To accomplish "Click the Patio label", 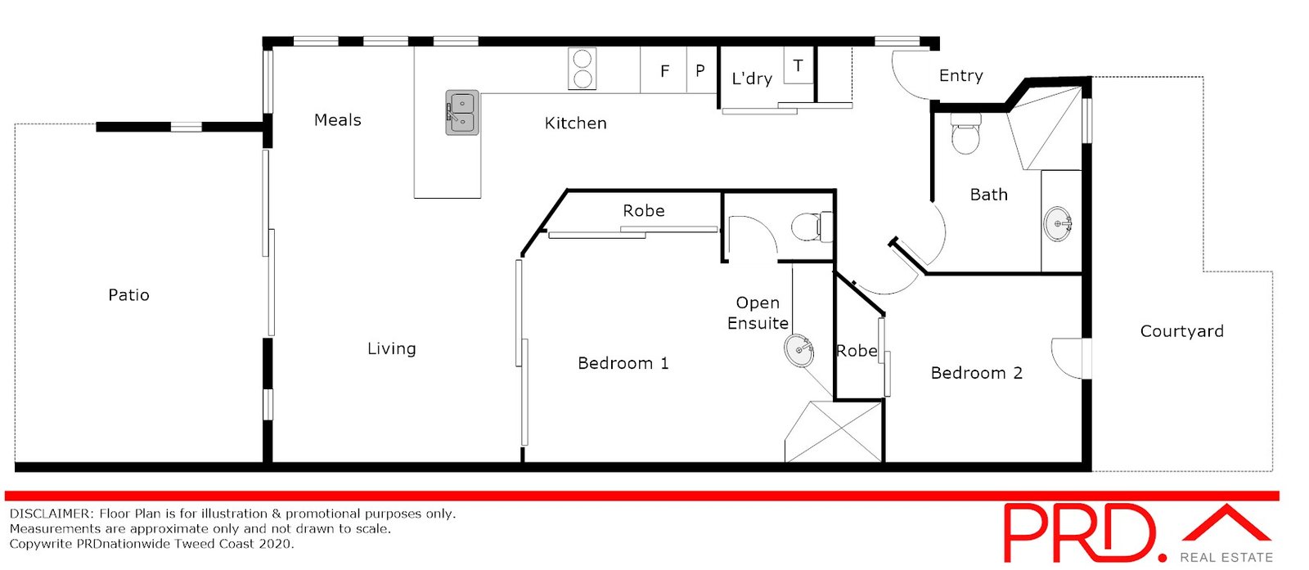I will pos(128,295).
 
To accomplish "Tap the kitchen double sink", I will pos(461,113).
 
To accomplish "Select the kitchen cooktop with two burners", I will pos(583,69).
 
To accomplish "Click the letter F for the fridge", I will pos(665,71).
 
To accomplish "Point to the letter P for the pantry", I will pos(700,71).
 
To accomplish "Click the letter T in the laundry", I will pos(798,66).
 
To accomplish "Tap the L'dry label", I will pos(752,79).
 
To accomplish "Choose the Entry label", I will pos(960,76).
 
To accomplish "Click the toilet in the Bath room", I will pos(965,133).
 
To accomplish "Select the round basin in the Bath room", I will pos(1059,222).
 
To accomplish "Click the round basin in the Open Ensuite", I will pos(799,351).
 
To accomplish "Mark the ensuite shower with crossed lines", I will pos(834,431).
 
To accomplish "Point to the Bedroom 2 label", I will pos(976,374).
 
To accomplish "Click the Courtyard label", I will pos(1181,331).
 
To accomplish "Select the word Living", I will pos(391,349).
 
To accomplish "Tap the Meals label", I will pos(337,120).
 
